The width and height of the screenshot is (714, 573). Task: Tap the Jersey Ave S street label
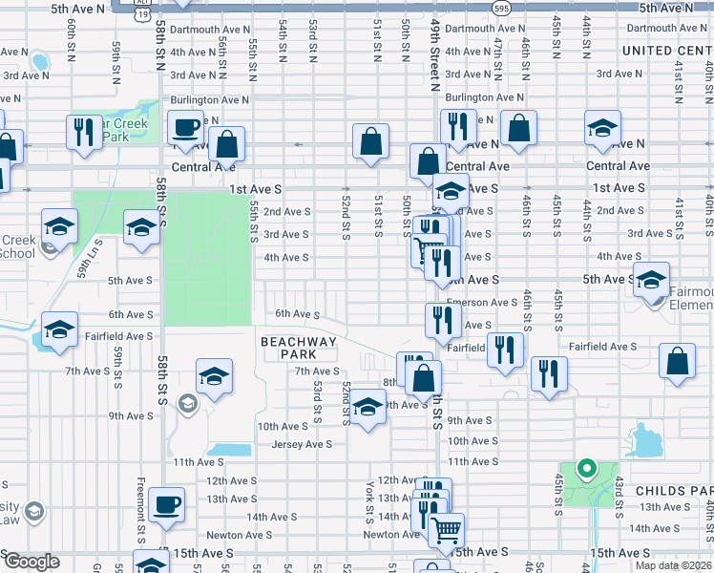coord(302,444)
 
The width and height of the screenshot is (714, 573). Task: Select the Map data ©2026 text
coord(673,565)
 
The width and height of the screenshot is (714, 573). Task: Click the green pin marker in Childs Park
coord(587,469)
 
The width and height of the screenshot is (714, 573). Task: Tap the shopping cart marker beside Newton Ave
coord(446,529)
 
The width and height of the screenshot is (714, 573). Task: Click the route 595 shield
coord(502,8)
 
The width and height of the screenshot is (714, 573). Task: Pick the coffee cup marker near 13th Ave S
coord(167,504)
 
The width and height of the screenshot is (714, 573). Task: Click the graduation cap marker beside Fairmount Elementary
coord(651,279)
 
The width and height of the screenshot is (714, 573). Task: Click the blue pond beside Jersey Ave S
coord(227,450)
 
